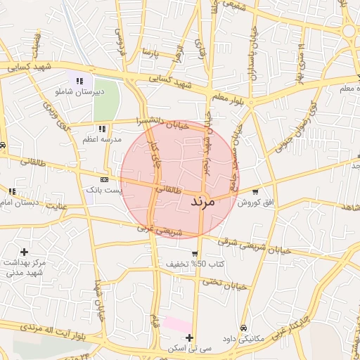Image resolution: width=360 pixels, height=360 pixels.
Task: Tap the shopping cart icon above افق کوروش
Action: (255, 191)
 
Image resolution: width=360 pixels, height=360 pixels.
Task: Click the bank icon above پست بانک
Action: (105, 179)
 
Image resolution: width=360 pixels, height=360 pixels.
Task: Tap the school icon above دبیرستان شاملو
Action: (79, 80)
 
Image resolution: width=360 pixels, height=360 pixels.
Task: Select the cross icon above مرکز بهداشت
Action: (25, 251)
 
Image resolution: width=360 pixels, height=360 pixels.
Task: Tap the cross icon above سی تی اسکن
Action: (189, 337)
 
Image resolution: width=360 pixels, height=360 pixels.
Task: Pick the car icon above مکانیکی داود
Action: (243, 328)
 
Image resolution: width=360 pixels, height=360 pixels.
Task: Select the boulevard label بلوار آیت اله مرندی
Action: (41, 328)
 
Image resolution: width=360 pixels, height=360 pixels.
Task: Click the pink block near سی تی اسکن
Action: (177, 325)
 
